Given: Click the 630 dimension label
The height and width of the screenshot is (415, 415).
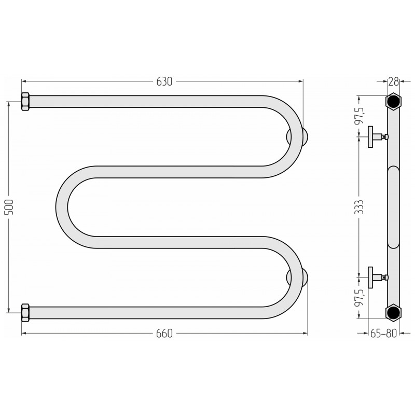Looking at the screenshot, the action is (164, 81).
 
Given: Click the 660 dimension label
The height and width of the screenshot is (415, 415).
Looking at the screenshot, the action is (164, 334).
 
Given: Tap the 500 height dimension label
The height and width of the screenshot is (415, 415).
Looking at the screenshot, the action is (9, 207).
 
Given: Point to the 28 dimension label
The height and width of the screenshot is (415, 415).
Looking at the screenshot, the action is (394, 82).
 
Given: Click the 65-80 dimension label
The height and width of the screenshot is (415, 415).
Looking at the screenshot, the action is (383, 334).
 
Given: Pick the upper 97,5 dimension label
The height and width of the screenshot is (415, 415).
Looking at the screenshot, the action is (360, 115).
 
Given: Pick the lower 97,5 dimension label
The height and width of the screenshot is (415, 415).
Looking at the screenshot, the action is (360, 297).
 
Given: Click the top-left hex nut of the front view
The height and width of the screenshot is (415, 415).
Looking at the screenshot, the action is (25, 102).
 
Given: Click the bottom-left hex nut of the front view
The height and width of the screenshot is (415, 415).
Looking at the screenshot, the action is (25, 313).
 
